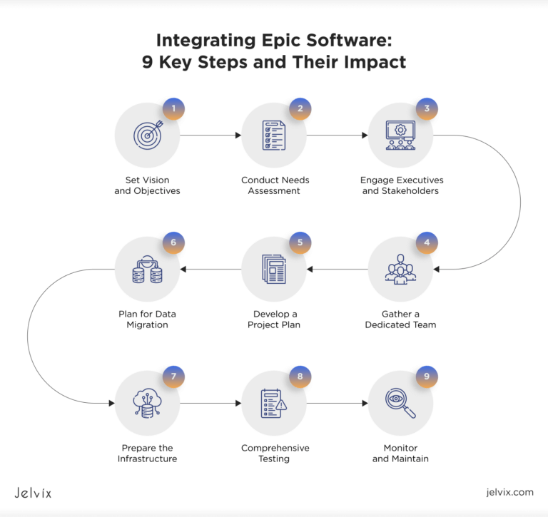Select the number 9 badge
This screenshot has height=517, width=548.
(426, 377)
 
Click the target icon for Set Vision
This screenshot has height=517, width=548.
(148, 135)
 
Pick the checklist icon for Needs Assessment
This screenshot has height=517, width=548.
(274, 135)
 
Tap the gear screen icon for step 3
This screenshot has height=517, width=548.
(400, 135)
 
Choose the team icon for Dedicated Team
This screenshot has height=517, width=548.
(400, 269)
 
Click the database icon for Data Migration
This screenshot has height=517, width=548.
(148, 269)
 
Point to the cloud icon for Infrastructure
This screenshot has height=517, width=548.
(148, 403)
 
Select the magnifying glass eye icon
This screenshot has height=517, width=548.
(400, 403)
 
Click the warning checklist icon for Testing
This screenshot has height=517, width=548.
(274, 403)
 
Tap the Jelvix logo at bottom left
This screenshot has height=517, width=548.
(33, 492)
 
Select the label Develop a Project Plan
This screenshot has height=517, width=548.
(274, 319)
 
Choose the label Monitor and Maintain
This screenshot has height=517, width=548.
(400, 453)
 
